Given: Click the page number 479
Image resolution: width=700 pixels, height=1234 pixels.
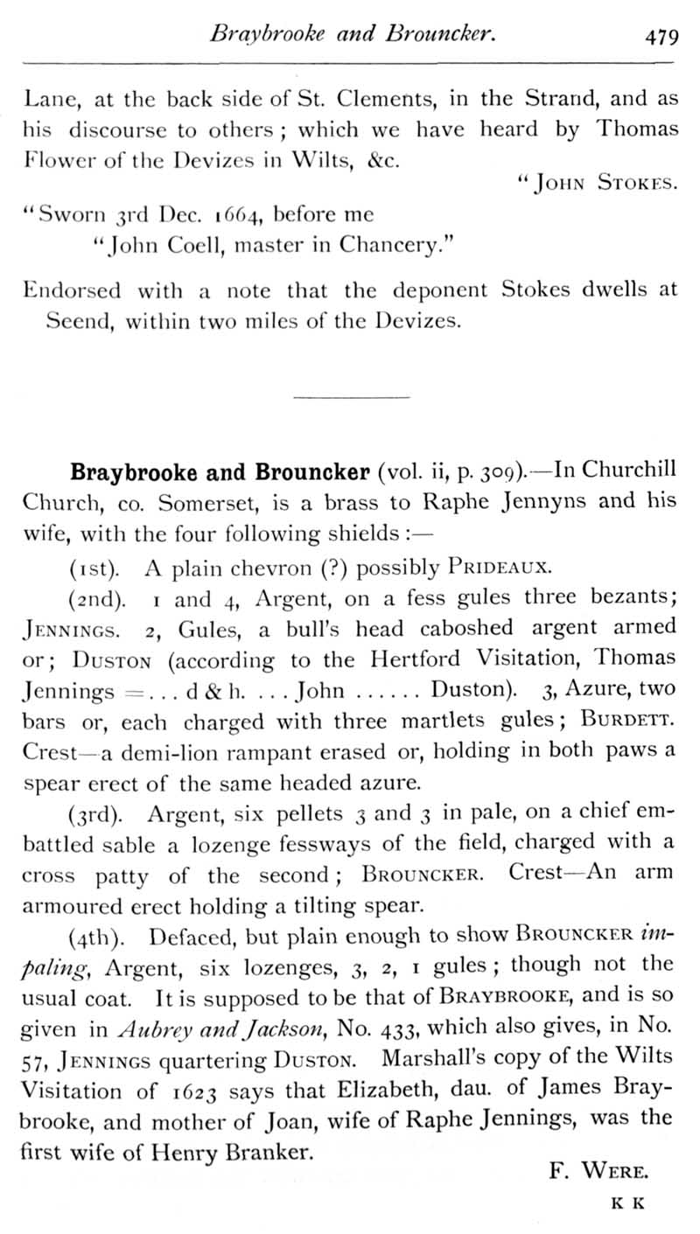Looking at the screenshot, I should coord(661,37).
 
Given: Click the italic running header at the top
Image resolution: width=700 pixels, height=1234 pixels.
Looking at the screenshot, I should coord(354,35).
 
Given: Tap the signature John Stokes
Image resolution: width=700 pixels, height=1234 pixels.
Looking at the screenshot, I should coord(598,183).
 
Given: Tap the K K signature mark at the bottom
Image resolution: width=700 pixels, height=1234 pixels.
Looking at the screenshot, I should coord(627,1203).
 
